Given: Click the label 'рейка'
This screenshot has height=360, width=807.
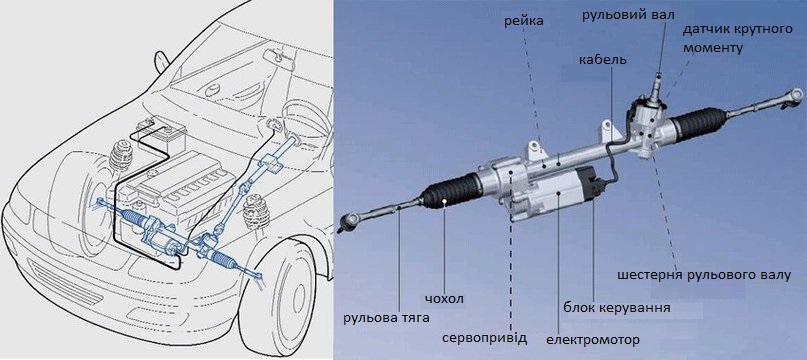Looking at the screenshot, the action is tap(523, 21).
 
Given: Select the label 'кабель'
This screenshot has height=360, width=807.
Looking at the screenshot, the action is tap(603, 59).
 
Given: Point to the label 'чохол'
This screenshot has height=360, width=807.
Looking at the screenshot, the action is tap(445, 299).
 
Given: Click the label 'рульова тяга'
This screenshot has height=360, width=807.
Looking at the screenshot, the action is tap(387, 317).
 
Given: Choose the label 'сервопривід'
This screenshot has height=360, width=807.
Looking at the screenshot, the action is tap(485, 338).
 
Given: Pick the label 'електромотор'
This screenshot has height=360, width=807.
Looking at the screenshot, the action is tap(592, 340).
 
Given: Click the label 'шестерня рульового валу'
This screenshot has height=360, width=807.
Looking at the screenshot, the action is tap(704, 275).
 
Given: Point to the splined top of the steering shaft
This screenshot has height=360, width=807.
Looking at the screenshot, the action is tap(658, 81).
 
